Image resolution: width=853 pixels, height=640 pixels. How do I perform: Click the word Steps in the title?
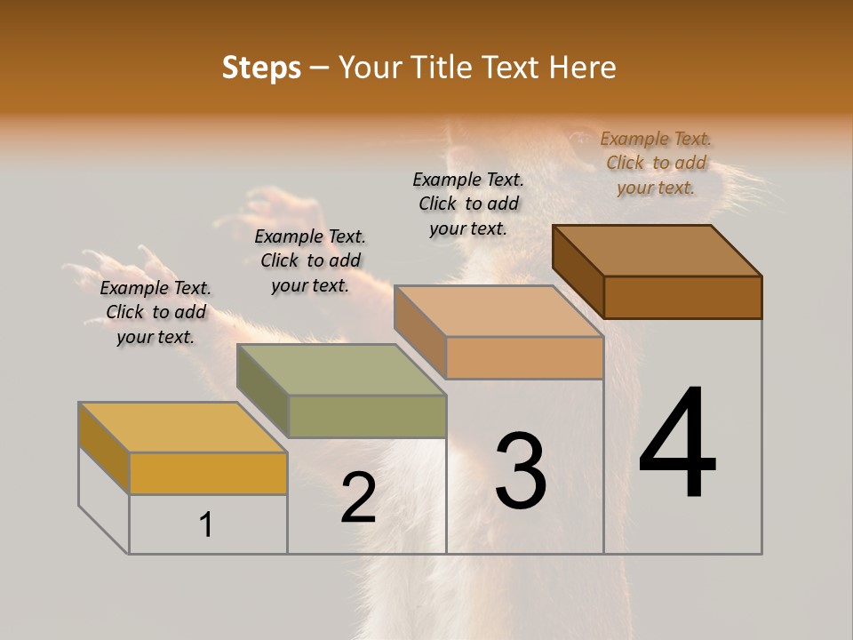(x=261, y=68)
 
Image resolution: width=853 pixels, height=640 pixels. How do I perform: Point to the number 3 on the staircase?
(x=521, y=470)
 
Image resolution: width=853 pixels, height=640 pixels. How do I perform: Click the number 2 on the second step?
(x=358, y=498)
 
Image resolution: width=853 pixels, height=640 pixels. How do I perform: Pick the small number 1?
(x=206, y=524)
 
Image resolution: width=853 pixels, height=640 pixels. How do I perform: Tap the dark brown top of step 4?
(x=658, y=250)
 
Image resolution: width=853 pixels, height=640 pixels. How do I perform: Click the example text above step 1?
(x=155, y=312)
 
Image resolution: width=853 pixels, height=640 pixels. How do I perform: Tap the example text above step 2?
(x=310, y=260)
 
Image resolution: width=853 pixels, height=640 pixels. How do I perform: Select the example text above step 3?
(x=468, y=204)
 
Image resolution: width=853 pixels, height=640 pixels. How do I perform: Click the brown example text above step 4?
(x=656, y=163)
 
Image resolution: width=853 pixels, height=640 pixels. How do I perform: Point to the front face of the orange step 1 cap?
(x=208, y=473)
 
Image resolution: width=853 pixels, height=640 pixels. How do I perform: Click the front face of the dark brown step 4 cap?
(x=682, y=297)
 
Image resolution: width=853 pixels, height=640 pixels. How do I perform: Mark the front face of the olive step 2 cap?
(x=367, y=416)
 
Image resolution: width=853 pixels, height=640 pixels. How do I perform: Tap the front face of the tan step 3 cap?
(x=524, y=357)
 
